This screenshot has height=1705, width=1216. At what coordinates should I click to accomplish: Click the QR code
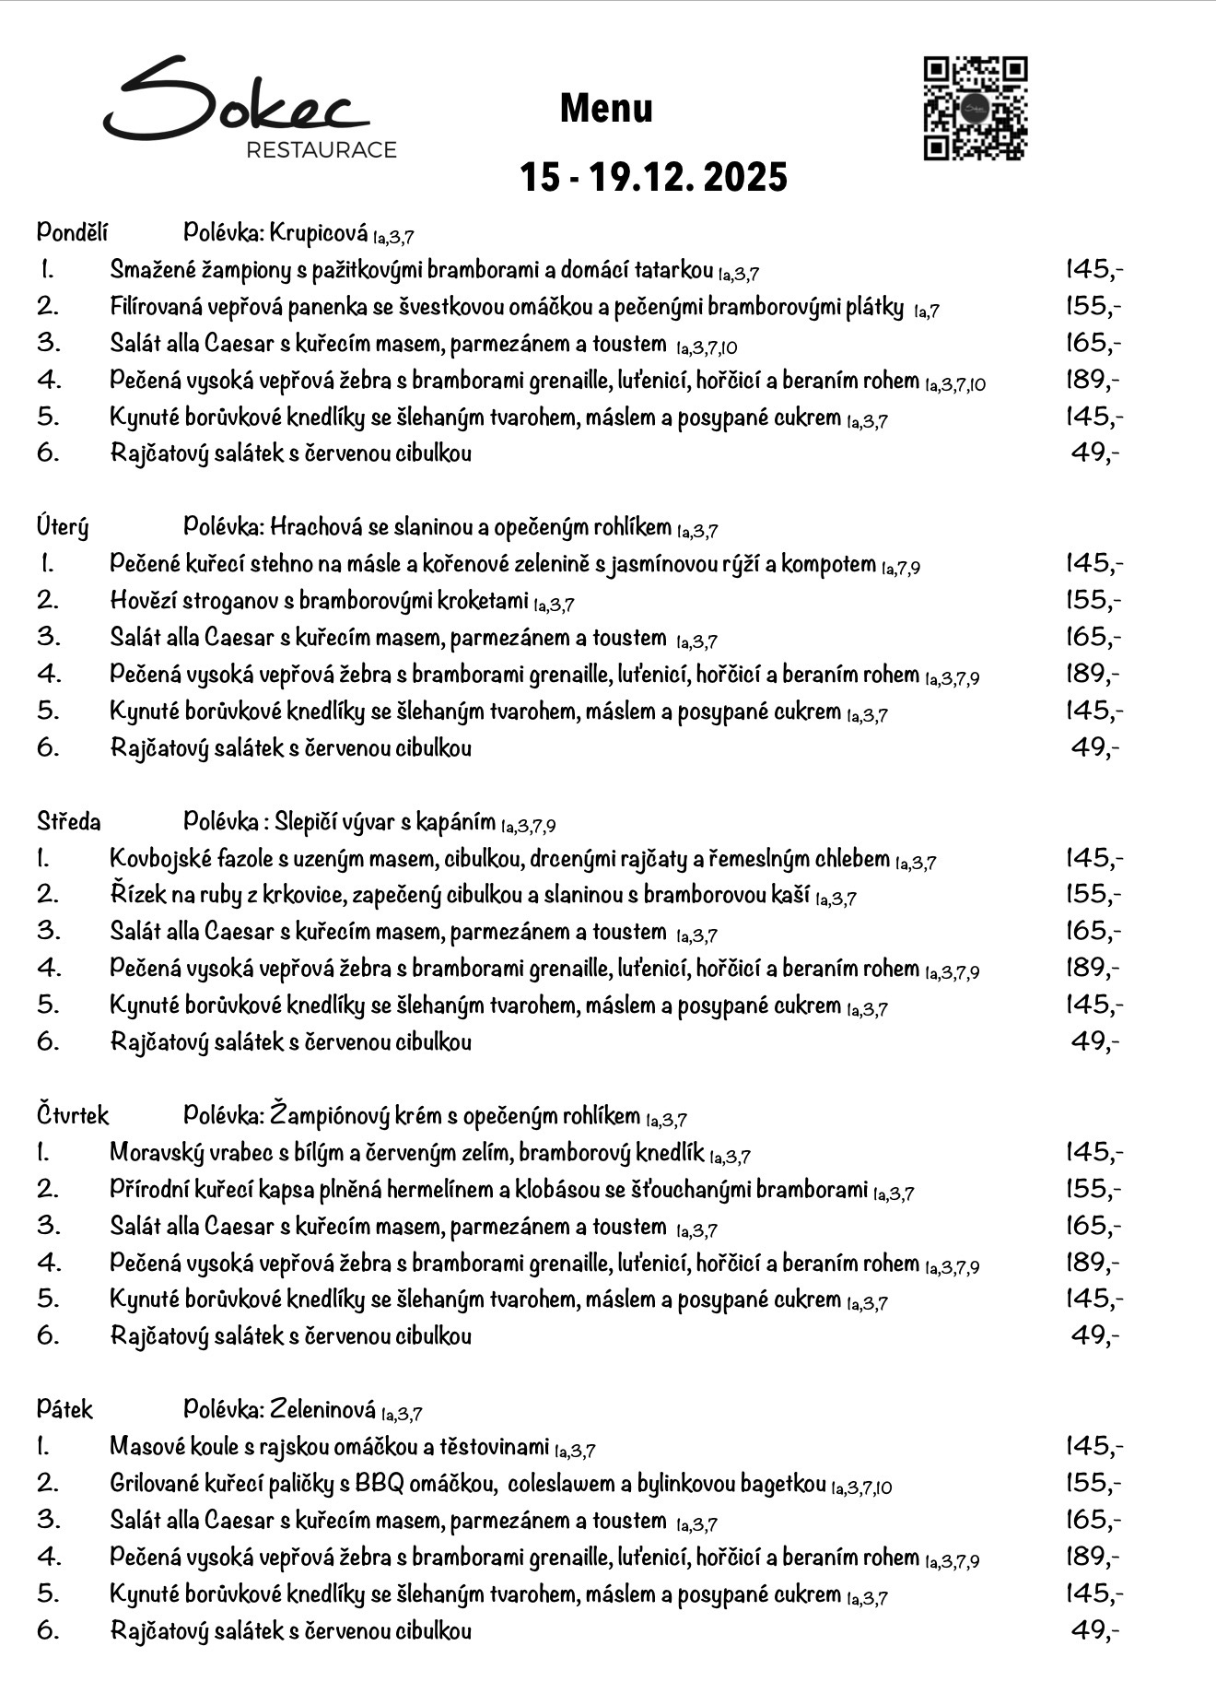[976, 109]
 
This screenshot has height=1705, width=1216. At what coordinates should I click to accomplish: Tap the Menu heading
[606, 109]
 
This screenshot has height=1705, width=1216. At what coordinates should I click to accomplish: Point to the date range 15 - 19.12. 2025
[653, 176]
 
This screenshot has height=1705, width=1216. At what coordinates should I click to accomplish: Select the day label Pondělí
[73, 232]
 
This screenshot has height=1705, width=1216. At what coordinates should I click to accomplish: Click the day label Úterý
[63, 527]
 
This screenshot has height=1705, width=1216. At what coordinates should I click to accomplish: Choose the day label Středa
[69, 821]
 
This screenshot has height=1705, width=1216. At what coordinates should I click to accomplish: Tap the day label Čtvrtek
[73, 1115]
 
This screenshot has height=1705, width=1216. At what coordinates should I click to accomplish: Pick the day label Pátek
[64, 1409]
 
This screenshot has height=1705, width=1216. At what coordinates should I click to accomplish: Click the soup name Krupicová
[319, 233]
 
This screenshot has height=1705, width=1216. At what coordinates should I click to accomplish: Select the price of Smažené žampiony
[1093, 269]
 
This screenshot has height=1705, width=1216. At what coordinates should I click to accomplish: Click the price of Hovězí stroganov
[1093, 601]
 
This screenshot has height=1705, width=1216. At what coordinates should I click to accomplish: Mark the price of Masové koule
[1093, 1446]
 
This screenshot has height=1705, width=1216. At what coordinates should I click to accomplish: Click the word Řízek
[134, 894]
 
